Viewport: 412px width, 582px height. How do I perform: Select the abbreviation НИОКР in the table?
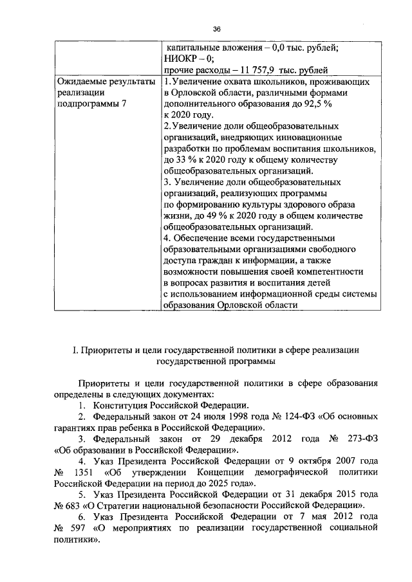(182, 59)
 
